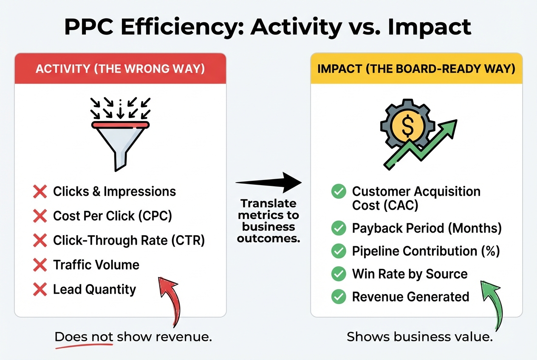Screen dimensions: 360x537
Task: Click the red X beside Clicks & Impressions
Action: pos(40,192)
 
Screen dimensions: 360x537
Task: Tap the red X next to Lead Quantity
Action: pos(40,290)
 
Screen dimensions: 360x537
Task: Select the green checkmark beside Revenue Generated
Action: pos(338,297)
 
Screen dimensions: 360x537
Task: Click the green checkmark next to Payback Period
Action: pos(338,228)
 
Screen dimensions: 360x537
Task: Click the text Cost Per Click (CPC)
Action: pos(112,216)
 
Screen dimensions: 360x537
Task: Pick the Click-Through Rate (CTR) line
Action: pos(129,241)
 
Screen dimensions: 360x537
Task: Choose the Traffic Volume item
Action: pos(96,265)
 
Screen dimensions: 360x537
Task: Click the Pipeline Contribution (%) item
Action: pos(426,251)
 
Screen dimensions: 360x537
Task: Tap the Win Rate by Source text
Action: pos(410,274)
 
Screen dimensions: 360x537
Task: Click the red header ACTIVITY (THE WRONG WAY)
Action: pos(120,69)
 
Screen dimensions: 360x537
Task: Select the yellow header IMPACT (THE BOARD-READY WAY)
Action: pos(416,69)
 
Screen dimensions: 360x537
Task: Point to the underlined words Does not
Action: pos(84,337)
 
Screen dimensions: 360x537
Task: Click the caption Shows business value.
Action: pos(419,337)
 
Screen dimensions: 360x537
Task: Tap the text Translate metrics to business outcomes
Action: pos(268,221)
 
